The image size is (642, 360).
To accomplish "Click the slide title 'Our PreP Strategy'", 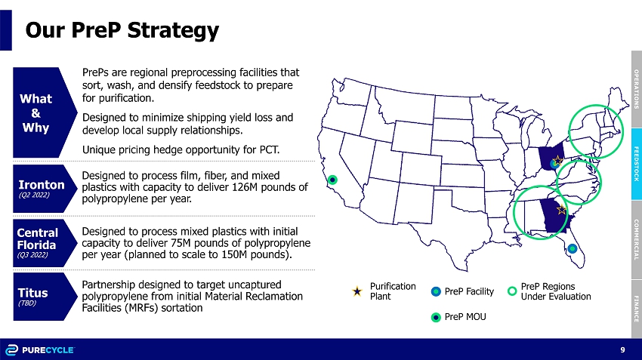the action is pos(122,30).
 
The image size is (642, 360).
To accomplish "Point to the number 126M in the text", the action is pos(245,187).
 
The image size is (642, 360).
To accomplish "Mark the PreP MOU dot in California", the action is pos(333,180).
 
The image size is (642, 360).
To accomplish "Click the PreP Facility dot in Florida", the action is pos(573,248).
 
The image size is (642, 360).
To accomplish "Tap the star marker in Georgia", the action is pos(562,210).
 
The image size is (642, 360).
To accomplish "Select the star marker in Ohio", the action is pos(557,159).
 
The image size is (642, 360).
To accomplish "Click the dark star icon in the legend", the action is pos(357,291).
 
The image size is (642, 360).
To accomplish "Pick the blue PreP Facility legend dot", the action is pos(436,291).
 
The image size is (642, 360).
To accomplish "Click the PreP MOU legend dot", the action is pos(436,318).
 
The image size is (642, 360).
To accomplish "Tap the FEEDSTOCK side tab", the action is pos(637,164).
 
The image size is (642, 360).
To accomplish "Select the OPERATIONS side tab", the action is pos(637,89).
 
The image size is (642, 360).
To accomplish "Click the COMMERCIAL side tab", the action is pos(637,240).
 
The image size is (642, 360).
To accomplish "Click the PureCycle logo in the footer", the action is pos(40,350).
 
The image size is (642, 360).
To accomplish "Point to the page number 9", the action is pos(623,349).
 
